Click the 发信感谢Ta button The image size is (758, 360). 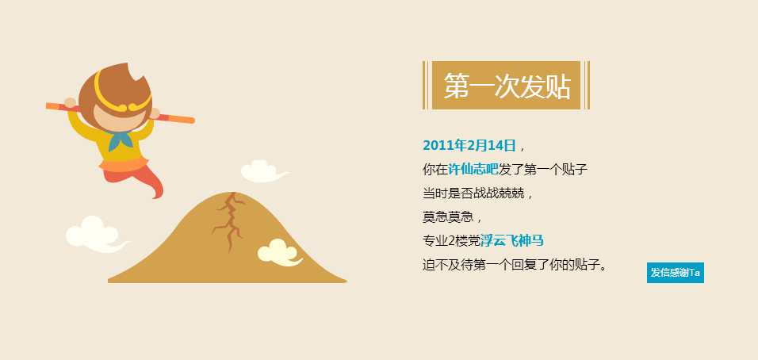click(676, 273)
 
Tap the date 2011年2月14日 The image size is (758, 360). click(469, 145)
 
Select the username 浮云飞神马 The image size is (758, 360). click(512, 240)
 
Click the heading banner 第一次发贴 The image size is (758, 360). click(506, 86)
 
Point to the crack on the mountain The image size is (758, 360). click(228, 220)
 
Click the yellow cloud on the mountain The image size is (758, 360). click(280, 253)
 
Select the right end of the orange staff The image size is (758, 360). click(193, 121)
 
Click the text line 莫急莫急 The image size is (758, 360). click(448, 216)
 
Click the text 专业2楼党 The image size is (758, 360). click(451, 240)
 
